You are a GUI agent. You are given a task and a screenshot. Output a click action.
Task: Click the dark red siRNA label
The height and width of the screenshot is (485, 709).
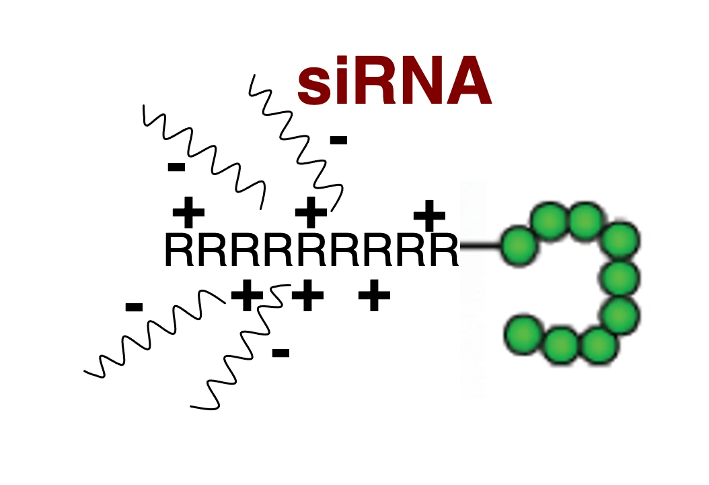[394, 81]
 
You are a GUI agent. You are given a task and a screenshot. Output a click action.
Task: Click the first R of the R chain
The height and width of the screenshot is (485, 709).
[180, 249]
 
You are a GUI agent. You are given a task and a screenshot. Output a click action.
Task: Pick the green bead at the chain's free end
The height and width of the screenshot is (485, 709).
[523, 334]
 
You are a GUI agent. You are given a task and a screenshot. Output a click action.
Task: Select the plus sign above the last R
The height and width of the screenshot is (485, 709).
[430, 216]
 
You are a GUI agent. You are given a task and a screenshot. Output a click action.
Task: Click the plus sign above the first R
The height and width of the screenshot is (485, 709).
[188, 212]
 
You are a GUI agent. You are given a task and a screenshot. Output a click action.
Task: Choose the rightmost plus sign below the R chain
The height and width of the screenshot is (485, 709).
[374, 296]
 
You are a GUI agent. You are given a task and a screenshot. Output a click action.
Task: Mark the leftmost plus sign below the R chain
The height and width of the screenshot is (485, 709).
[247, 296]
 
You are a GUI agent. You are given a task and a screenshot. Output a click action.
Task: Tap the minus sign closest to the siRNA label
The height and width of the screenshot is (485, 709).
[338, 140]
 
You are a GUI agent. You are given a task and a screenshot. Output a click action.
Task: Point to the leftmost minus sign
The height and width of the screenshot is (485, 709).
[134, 308]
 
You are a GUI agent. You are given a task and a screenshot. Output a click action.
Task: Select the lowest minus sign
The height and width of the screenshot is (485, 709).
[281, 353]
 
